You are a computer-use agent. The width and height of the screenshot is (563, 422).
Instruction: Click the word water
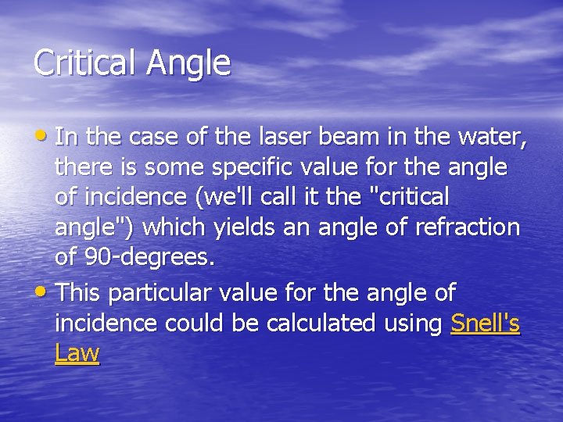(494, 138)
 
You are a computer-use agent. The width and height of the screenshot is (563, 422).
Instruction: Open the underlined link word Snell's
(486, 323)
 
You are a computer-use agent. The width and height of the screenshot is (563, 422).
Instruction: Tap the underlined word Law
(77, 353)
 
